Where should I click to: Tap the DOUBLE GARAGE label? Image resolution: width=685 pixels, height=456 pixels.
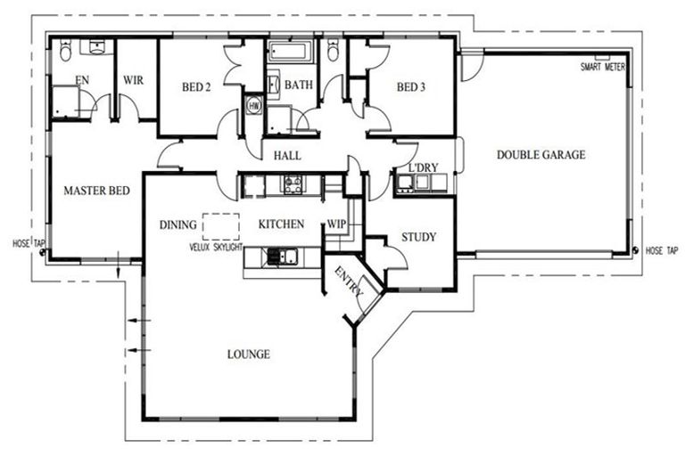541,155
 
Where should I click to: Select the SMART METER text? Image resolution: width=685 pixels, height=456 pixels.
603,68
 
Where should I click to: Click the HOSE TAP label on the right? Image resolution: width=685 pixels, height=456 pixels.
661,251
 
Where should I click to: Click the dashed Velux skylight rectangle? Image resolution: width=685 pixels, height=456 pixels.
221,225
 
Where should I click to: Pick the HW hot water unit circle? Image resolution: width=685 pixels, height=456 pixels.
254,105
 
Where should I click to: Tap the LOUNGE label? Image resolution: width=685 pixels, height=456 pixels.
248,354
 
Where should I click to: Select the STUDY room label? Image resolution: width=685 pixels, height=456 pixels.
418,237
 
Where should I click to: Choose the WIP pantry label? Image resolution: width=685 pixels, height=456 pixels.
336,224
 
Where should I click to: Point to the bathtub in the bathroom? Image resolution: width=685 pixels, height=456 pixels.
289,52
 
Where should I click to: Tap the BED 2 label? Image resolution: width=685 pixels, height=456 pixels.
196,87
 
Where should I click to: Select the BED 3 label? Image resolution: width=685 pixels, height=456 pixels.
410,87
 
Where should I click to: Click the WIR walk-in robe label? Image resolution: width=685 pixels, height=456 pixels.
133,79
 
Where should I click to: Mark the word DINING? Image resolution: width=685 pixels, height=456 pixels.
177,224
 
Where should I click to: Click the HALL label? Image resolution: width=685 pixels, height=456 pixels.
287,156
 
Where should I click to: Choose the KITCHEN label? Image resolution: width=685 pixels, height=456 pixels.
281,224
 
